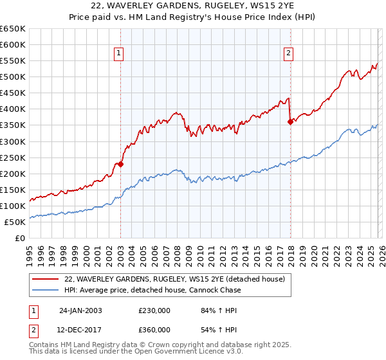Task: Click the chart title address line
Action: (192, 7)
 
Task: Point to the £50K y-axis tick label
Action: (15, 222)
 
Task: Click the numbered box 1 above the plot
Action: (120, 53)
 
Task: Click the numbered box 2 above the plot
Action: (289, 53)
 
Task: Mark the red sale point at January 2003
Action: (120, 164)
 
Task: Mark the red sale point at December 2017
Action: (290, 122)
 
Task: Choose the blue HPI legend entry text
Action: (152, 291)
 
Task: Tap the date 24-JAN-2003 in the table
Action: (80, 310)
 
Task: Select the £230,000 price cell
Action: (154, 310)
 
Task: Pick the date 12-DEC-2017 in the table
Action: (80, 329)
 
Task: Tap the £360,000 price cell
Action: (154, 329)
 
